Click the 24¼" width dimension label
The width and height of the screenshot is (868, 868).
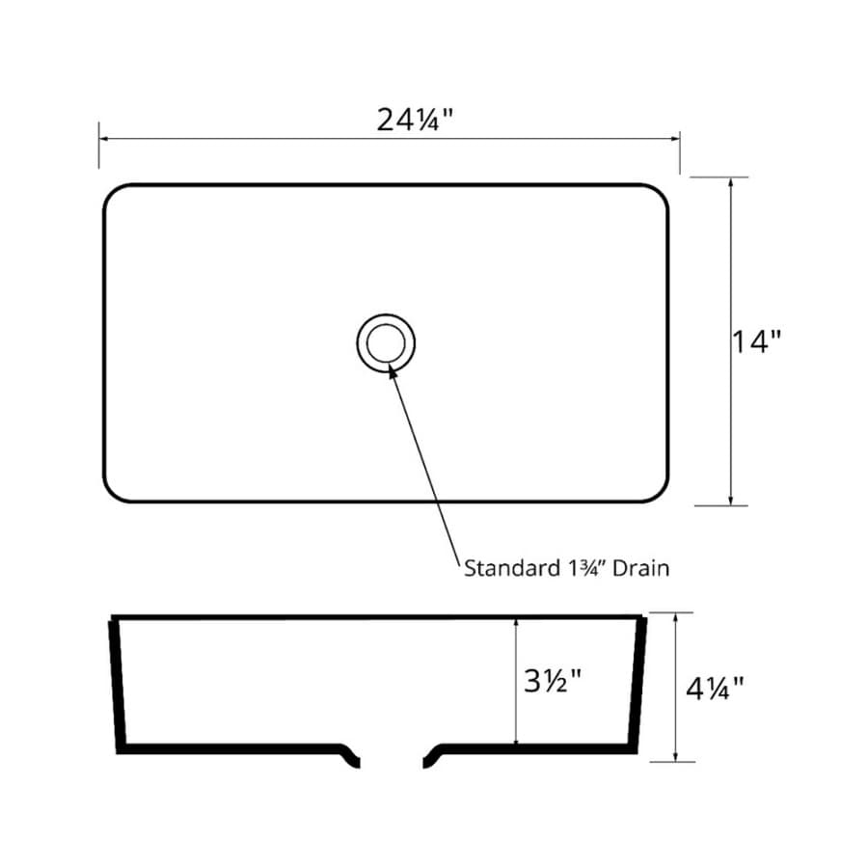(415, 120)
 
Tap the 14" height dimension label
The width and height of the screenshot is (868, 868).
(756, 341)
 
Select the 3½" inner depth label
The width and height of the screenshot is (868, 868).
(553, 680)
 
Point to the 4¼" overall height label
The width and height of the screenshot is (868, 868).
(715, 688)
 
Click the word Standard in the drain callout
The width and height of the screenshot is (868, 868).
(504, 568)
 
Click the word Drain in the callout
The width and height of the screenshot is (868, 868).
(641, 568)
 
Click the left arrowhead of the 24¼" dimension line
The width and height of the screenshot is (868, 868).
(103, 138)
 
